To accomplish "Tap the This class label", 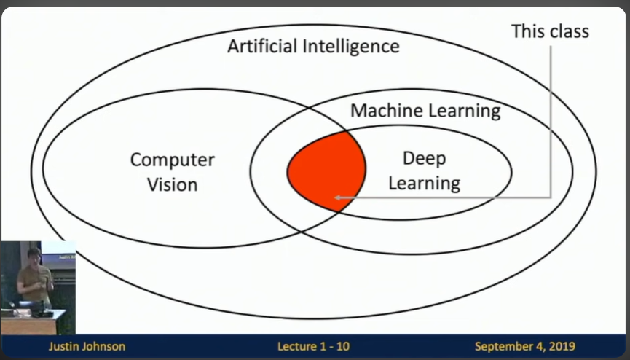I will (550, 31).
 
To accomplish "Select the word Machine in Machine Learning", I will (383, 111).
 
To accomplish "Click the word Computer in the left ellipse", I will (172, 160).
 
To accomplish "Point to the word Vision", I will (172, 184).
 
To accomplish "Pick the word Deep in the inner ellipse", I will (424, 159).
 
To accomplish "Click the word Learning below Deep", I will (424, 182).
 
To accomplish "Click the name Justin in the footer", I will (63, 346).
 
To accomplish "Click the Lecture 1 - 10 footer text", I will (313, 346).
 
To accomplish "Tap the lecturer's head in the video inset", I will (34, 254).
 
